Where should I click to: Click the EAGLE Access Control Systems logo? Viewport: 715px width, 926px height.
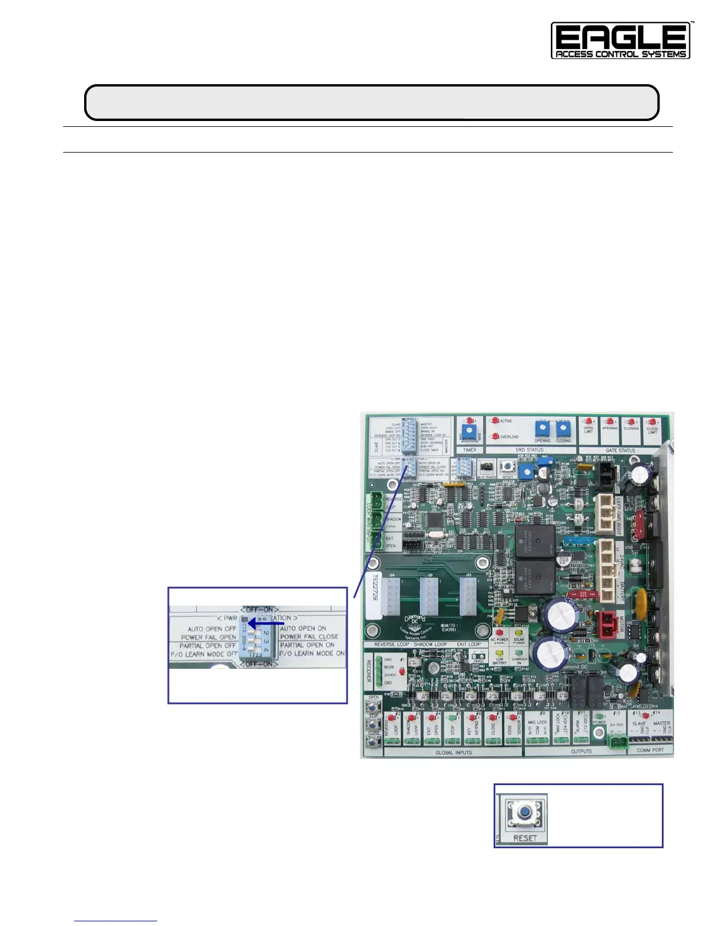point(621,41)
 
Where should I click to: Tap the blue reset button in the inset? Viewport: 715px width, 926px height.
point(525,812)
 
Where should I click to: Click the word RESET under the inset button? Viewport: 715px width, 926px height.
point(525,838)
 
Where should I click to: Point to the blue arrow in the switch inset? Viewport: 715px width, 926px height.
point(265,624)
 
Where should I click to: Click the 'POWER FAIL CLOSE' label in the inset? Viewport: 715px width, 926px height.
point(309,637)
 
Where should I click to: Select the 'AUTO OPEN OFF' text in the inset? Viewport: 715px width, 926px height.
point(211,629)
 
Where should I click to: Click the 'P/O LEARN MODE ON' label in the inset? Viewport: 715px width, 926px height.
point(311,654)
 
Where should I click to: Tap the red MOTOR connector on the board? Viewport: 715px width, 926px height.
point(606,622)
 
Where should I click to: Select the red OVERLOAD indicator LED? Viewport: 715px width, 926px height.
point(495,437)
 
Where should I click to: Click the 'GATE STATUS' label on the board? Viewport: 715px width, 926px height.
point(620,451)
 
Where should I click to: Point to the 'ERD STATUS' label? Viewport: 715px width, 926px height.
point(530,450)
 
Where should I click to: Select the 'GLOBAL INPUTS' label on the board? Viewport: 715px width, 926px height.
point(453,753)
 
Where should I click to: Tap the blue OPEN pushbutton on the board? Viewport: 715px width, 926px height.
point(370,707)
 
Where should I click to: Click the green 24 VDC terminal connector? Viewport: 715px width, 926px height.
point(616,741)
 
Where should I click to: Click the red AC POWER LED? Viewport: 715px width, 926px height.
point(499,633)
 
